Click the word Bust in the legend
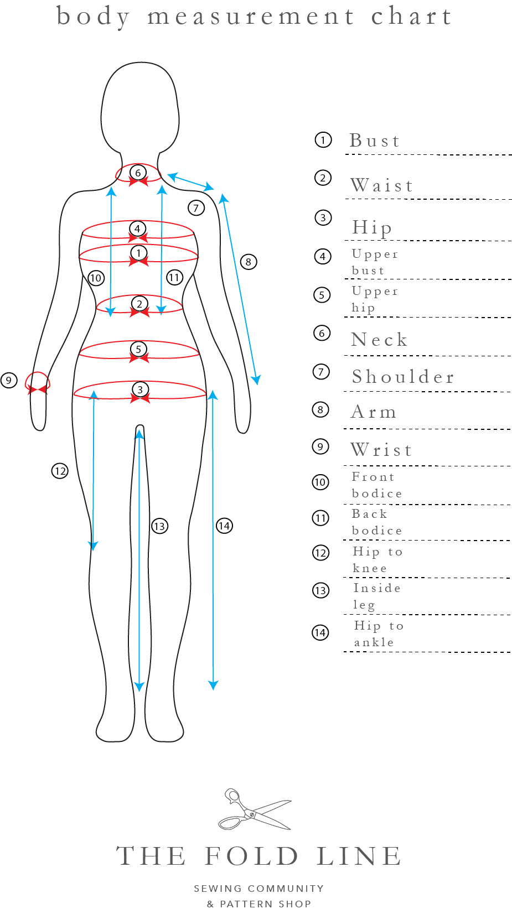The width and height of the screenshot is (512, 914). point(374,141)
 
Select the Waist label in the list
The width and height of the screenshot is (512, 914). point(382,185)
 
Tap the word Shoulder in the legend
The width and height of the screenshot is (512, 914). point(403,377)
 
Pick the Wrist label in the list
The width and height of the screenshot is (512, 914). point(381,450)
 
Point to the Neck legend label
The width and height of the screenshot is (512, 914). point(379,340)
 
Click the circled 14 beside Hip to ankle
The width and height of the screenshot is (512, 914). point(320,632)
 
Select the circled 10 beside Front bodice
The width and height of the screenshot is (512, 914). point(320,482)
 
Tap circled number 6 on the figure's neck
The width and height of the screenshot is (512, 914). point(138,173)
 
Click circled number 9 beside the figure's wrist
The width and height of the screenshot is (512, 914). point(9,380)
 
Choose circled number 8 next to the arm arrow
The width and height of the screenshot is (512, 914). point(249,262)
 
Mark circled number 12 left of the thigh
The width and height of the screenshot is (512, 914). point(60,471)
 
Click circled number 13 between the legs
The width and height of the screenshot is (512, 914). point(159,526)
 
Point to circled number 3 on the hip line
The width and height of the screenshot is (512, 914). point(140,390)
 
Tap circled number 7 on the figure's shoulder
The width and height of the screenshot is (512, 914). point(196,208)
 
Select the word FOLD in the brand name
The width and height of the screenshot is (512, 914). point(252,856)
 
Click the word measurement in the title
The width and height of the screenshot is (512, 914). point(250,17)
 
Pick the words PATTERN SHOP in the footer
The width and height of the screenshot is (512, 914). point(265,903)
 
